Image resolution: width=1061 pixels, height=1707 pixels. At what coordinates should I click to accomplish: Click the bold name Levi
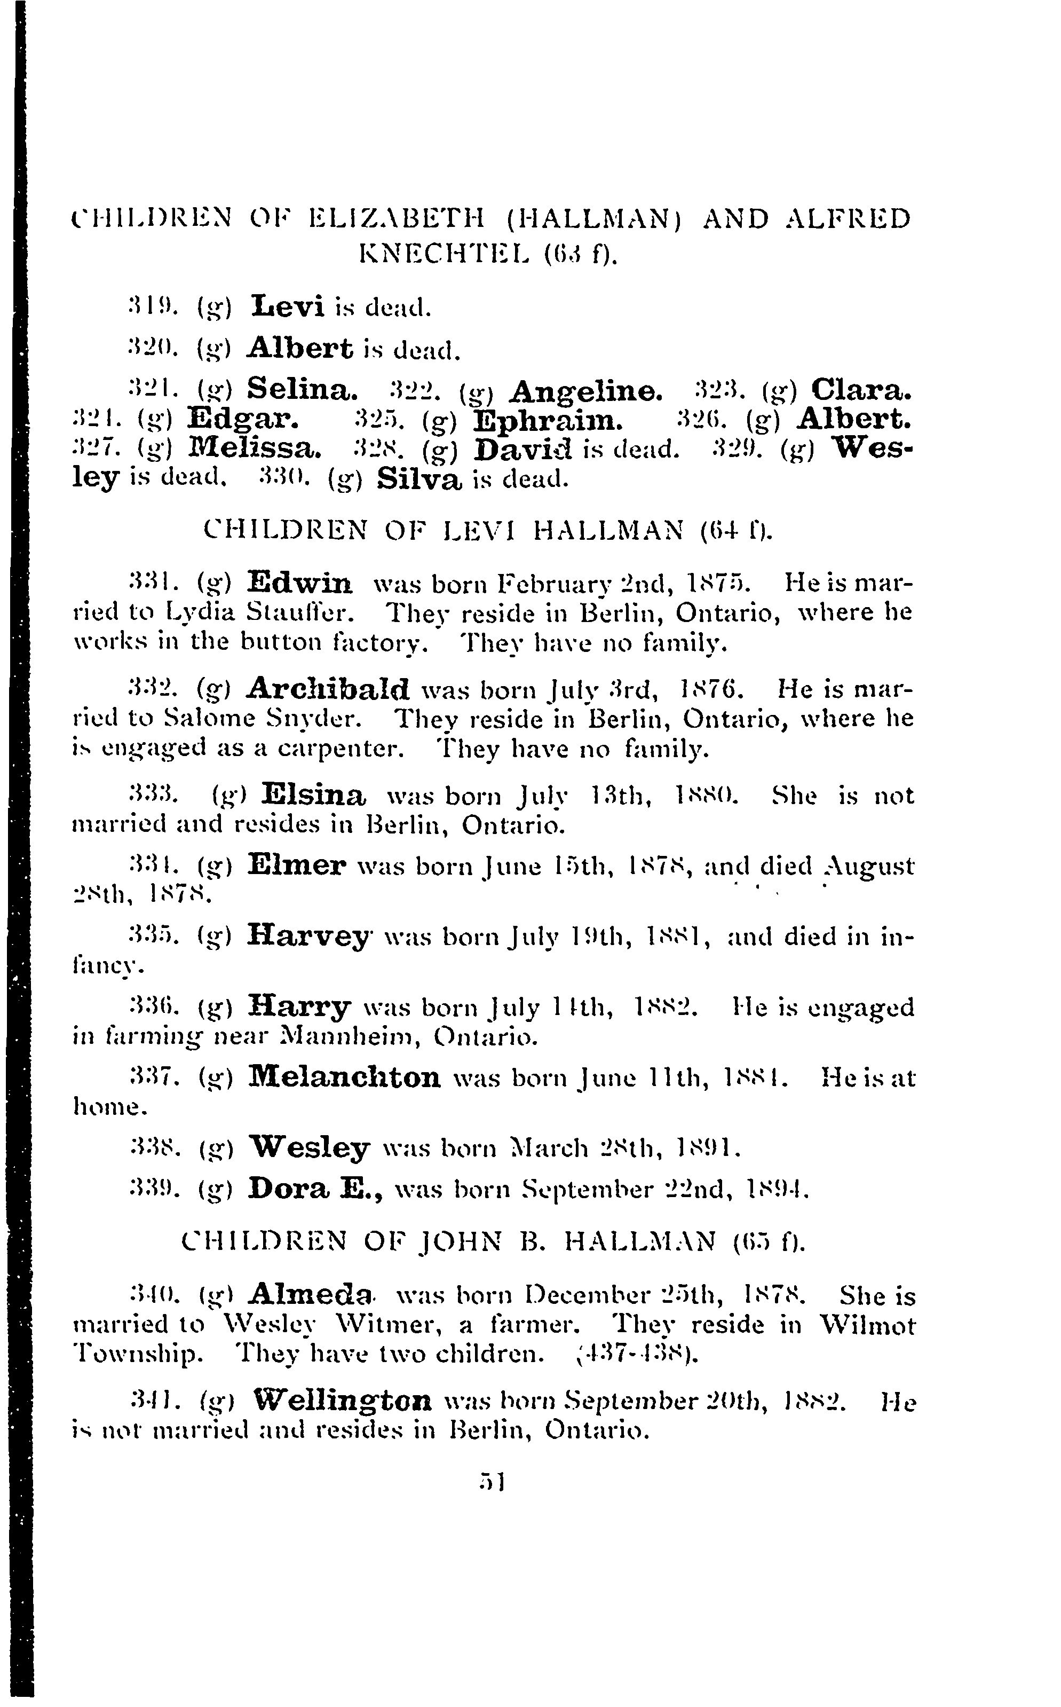pos(288,306)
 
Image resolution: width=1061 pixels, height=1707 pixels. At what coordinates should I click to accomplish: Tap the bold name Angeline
pos(586,390)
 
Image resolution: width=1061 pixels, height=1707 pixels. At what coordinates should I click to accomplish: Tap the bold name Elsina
pos(313,795)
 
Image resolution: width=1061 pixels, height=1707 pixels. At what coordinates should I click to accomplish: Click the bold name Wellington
pos(342,1402)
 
